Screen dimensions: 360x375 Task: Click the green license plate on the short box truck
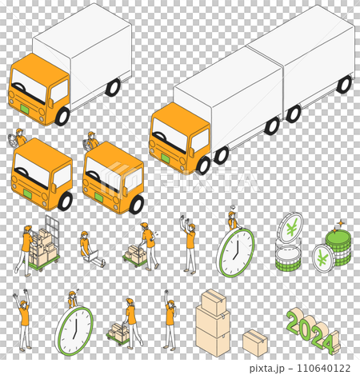pyautogui.click(x=26, y=109)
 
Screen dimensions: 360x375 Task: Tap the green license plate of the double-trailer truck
pyautogui.click(x=166, y=158)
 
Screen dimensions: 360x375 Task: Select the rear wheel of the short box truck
pyautogui.click(x=113, y=87)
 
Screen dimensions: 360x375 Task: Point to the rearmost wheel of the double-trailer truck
pyautogui.click(x=344, y=85)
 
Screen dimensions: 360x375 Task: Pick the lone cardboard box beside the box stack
pyautogui.click(x=255, y=343)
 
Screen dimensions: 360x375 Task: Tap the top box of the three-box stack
pyautogui.click(x=214, y=302)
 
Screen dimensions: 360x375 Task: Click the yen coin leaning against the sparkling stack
pyautogui.click(x=323, y=258)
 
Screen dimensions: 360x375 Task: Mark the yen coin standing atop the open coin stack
pyautogui.click(x=290, y=228)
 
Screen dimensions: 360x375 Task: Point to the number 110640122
pyautogui.click(x=323, y=368)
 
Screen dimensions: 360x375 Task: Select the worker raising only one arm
pyautogui.click(x=170, y=320)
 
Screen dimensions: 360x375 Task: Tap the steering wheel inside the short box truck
pyautogui.click(x=19, y=86)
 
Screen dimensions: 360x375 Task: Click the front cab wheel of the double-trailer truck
pyautogui.click(x=203, y=166)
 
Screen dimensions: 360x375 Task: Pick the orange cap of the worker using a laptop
pyautogui.click(x=85, y=233)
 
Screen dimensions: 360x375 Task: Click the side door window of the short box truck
pyautogui.click(x=59, y=91)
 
